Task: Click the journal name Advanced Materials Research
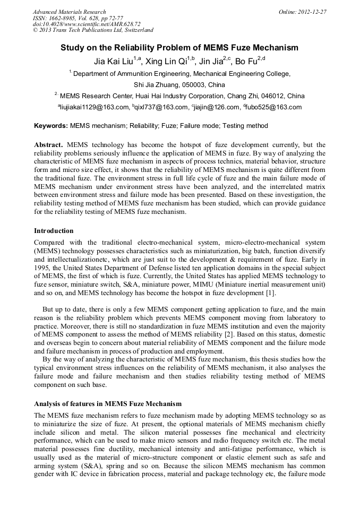pyautogui.click(x=69, y=12)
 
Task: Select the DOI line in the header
pyautogui.click(x=87, y=24)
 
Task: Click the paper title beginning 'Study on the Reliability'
pyautogui.click(x=179, y=48)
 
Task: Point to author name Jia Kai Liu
pyautogui.click(x=112, y=62)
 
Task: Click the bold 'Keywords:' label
pyautogui.click(x=51, y=126)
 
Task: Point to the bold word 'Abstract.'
pyautogui.click(x=49, y=145)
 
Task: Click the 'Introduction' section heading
pyautogui.click(x=54, y=231)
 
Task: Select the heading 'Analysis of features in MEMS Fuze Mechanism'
pyautogui.click(x=108, y=403)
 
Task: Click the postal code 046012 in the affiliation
pyautogui.click(x=268, y=96)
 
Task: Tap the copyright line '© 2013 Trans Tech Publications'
pyautogui.click(x=93, y=30)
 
